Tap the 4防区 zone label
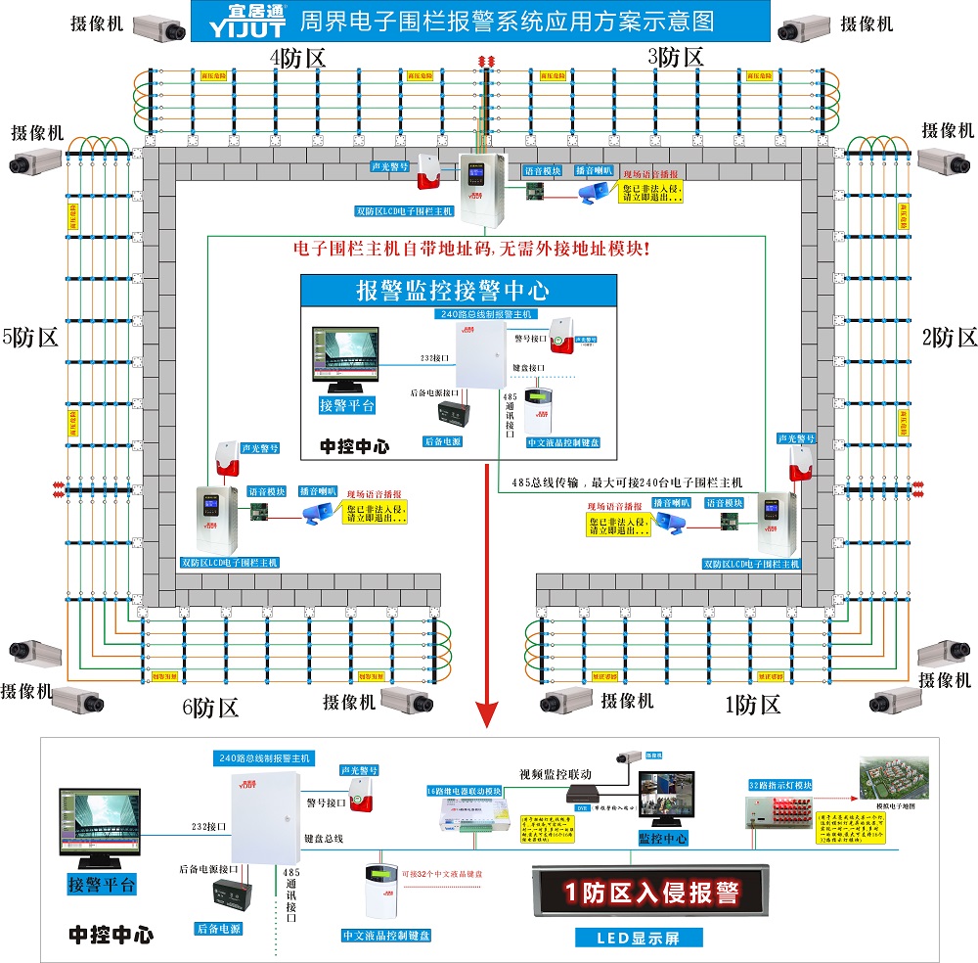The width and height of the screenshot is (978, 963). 297,58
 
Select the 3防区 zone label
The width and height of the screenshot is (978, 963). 676,57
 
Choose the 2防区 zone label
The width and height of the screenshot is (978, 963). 950,339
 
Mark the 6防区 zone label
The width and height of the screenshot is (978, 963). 210,708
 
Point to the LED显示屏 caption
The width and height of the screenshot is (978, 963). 639,938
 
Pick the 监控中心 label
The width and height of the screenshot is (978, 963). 663,839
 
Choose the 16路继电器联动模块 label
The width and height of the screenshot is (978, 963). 464,790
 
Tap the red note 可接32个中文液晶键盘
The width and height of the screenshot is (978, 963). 445,870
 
